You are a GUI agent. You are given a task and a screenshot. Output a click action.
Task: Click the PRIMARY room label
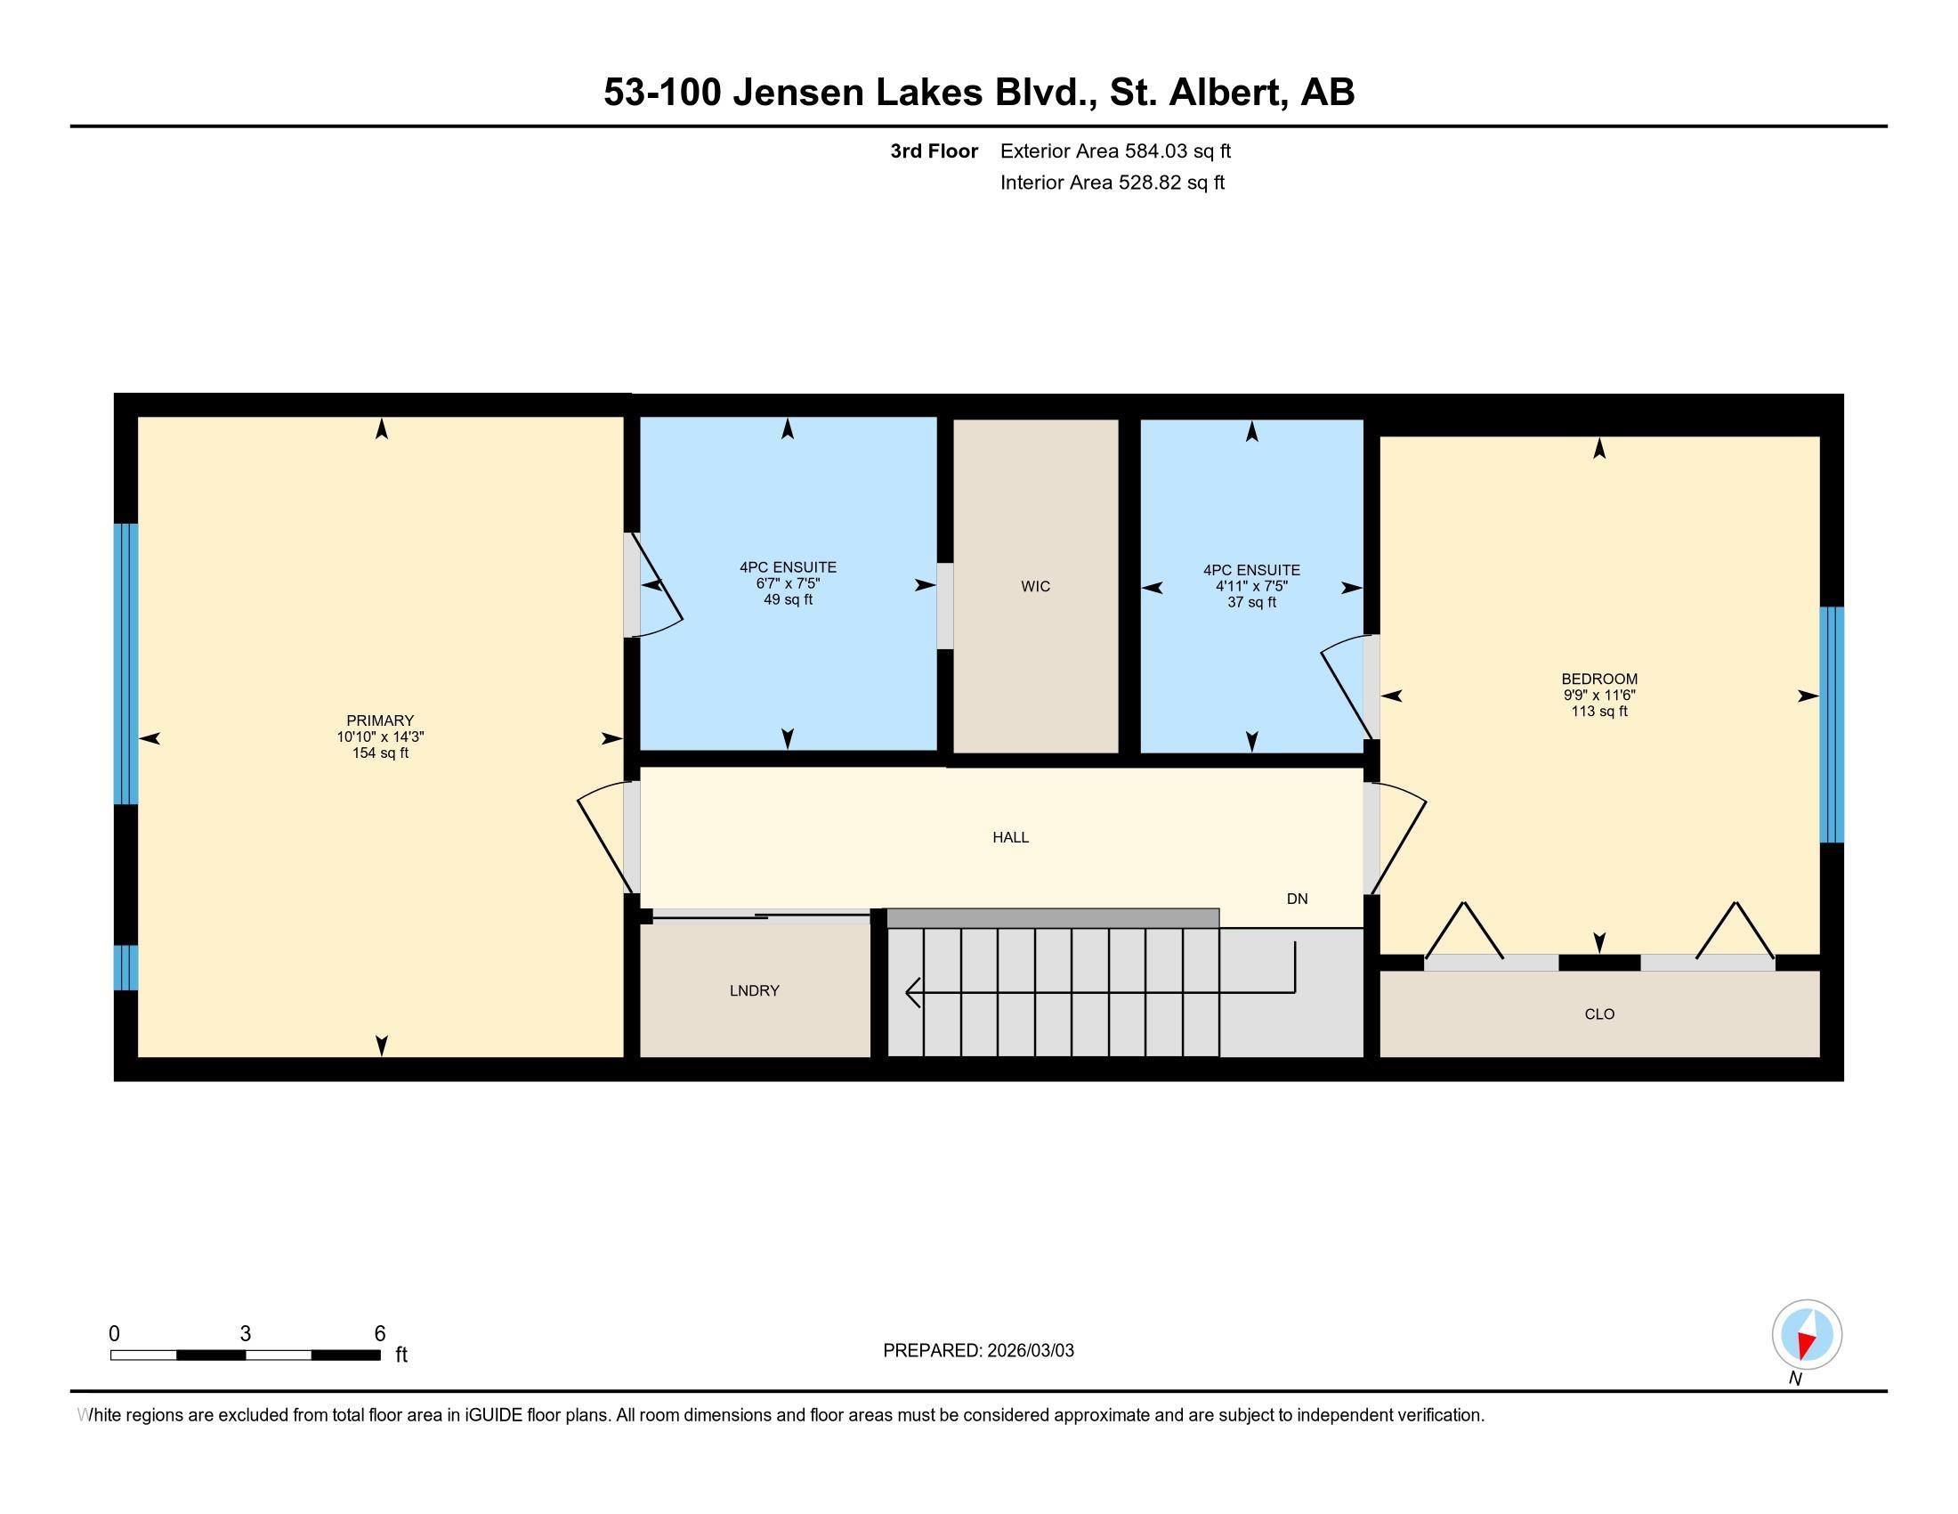point(380,720)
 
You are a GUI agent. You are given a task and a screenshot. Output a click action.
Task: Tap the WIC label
point(1034,587)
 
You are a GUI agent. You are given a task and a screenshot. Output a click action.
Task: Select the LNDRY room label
point(754,990)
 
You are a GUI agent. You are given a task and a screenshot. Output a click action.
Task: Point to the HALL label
point(1010,837)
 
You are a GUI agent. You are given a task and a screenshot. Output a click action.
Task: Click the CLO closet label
point(1598,1013)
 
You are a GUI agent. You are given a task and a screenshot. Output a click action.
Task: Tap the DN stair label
point(1297,899)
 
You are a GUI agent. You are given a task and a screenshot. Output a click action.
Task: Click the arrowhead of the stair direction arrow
point(912,992)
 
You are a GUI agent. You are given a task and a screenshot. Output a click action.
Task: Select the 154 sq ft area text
point(380,753)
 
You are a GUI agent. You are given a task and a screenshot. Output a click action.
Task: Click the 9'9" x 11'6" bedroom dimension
point(1598,696)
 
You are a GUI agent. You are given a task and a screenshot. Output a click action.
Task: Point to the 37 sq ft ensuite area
point(1251,603)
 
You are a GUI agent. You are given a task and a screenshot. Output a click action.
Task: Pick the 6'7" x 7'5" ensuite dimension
point(787,583)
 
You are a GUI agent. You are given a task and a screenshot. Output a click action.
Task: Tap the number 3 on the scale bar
point(245,1334)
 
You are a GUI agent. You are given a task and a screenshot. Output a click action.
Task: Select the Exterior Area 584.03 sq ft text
point(1115,151)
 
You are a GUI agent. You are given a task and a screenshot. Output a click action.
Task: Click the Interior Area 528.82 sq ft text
point(1112,183)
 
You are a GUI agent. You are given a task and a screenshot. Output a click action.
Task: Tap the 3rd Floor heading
point(934,151)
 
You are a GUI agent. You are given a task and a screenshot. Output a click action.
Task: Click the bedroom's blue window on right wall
point(1831,725)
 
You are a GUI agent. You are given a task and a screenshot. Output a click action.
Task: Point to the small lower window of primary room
point(125,967)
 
